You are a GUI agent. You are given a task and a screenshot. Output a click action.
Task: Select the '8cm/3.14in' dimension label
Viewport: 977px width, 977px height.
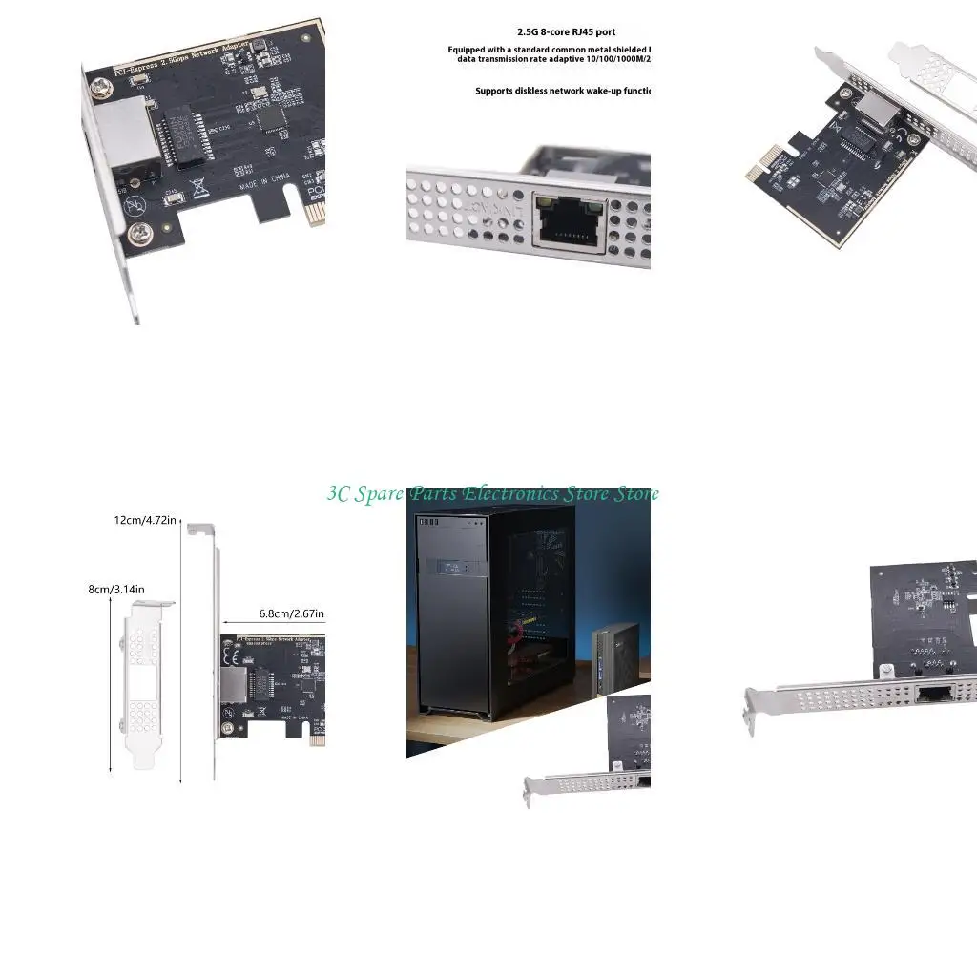point(116,589)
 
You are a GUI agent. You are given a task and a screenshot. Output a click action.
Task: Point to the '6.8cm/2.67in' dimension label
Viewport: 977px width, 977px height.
point(292,613)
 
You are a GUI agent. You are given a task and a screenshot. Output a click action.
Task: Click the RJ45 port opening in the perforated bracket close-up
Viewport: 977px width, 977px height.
point(570,221)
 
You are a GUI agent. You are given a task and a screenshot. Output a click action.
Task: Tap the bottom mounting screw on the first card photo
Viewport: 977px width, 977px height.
point(140,230)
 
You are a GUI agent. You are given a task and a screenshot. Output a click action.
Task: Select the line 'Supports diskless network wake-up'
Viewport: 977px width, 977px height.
point(563,92)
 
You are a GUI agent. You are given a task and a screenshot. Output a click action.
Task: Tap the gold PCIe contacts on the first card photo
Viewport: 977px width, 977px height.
point(313,213)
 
